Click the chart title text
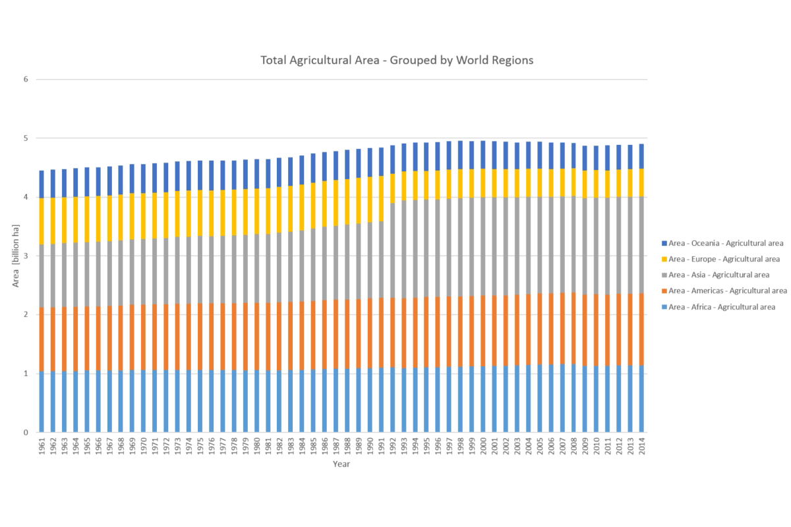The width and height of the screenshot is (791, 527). (396, 60)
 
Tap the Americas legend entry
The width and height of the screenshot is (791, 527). (725, 291)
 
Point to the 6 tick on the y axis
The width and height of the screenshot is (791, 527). (26, 80)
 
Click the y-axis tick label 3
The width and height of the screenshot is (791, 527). (26, 256)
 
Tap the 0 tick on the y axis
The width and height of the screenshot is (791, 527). (26, 433)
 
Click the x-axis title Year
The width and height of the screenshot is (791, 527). (341, 464)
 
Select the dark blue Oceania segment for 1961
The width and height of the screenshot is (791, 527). (42, 184)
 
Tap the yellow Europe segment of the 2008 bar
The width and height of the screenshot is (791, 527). (573, 182)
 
